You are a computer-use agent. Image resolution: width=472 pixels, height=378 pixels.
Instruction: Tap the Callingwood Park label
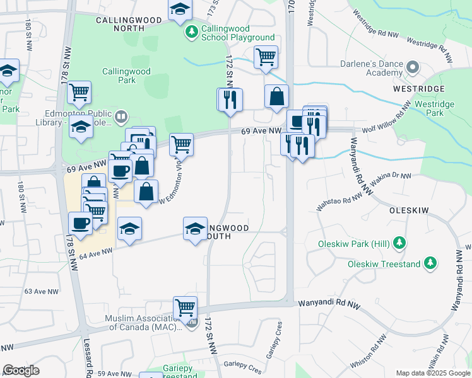tap(119, 76)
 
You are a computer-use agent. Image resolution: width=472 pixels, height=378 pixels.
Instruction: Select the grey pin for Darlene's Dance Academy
tap(413, 67)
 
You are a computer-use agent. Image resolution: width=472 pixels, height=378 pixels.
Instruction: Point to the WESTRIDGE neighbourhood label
tap(418, 89)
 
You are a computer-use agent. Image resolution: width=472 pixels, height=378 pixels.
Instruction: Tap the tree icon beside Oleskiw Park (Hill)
tap(398, 243)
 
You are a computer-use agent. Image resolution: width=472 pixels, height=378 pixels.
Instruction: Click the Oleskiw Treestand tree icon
tap(430, 263)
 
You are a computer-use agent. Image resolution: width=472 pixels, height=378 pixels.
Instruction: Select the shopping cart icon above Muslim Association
tap(185, 307)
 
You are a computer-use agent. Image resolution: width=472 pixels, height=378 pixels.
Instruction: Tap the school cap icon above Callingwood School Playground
tap(180, 9)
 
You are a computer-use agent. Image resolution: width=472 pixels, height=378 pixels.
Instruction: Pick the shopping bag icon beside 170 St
tap(276, 97)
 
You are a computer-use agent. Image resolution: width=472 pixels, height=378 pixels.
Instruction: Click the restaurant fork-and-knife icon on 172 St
tap(230, 100)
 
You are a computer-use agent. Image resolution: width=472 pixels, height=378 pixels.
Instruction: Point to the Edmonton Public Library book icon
tap(122, 116)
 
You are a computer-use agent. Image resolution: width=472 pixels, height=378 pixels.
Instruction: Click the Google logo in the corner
tap(21, 370)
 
